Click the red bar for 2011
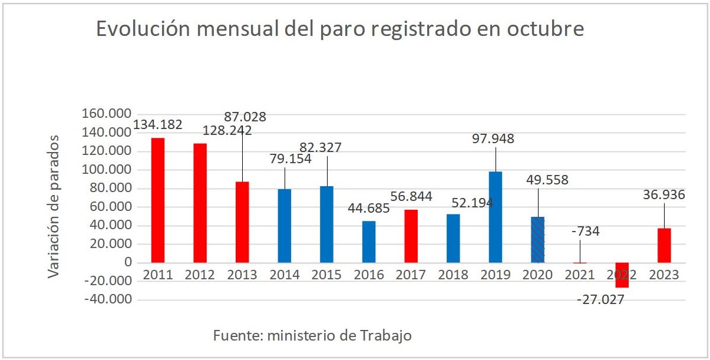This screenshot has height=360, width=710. point(158,200)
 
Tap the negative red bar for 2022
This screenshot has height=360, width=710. point(622,275)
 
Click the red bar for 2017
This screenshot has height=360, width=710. point(411,236)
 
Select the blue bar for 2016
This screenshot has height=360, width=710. point(369,242)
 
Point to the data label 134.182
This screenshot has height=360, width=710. point(158,125)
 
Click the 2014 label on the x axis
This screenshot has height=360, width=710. point(285,275)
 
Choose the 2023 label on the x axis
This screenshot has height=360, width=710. point(664,275)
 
